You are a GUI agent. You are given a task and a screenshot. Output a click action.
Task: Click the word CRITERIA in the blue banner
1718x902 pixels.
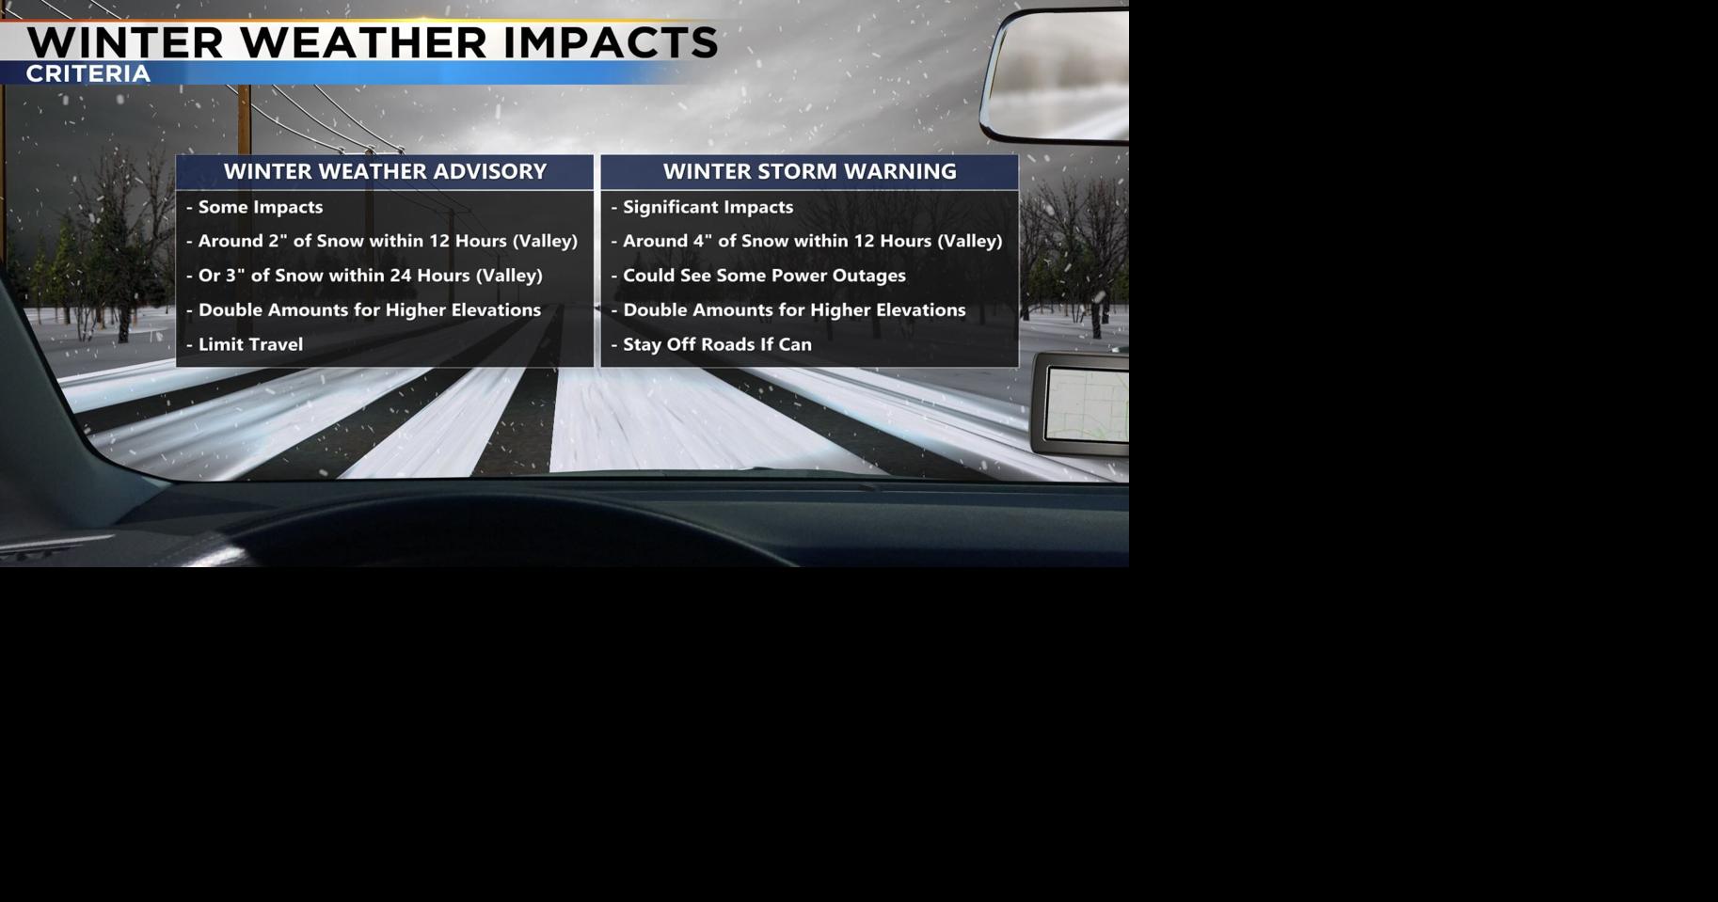tap(87, 74)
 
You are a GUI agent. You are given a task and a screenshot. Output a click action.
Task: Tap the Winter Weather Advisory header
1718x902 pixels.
tap(385, 171)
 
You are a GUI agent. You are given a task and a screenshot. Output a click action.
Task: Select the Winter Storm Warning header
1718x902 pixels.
tap(809, 171)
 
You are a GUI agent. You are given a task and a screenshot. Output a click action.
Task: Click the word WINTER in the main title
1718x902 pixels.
tap(125, 43)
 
